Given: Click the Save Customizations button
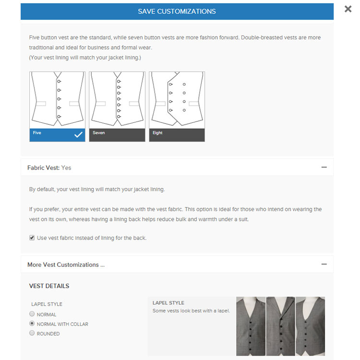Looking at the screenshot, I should [177, 12].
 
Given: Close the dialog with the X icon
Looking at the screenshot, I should [348, 9].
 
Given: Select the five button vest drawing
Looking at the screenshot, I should [57, 100].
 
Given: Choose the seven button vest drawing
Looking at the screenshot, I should [117, 100].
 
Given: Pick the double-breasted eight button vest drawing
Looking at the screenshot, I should [177, 100].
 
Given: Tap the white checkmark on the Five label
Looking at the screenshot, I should [78, 135].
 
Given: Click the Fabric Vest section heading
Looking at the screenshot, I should [49, 168].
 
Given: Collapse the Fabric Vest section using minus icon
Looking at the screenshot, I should [324, 168].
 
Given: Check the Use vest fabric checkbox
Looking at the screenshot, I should [32, 238].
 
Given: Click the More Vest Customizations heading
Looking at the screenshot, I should [66, 264].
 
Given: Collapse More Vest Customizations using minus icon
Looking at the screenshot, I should [324, 264].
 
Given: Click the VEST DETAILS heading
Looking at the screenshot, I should [49, 286].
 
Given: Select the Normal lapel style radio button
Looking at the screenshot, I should [32, 314].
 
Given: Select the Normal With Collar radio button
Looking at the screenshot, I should [32, 324].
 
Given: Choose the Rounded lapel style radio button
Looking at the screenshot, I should [32, 333].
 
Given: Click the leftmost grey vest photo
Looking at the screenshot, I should [251, 326].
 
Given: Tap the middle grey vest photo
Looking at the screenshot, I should [280, 326].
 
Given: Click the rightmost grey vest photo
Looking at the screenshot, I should [311, 326].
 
